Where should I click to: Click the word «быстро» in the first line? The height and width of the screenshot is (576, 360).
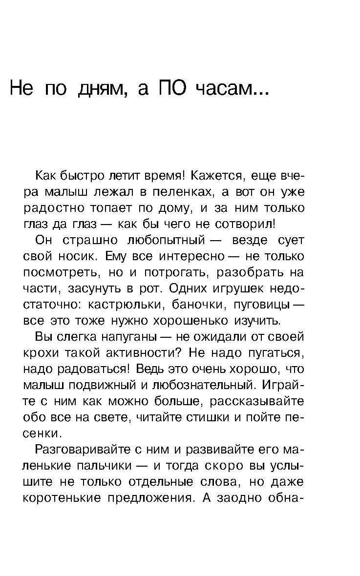point(83,175)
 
